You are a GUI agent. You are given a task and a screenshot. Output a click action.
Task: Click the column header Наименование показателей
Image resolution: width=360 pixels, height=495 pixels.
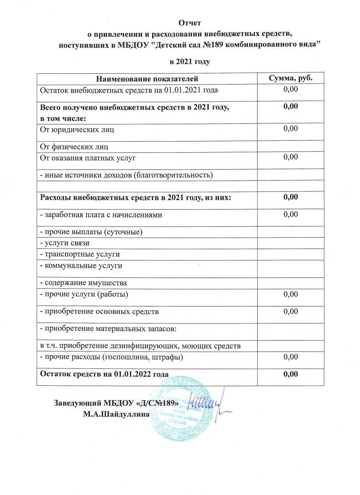pyautogui.click(x=147, y=78)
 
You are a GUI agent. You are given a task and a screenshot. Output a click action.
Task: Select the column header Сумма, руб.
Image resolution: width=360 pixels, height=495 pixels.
pyautogui.click(x=290, y=78)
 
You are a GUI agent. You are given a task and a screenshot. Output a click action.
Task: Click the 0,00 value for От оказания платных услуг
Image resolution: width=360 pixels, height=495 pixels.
pyautogui.click(x=290, y=157)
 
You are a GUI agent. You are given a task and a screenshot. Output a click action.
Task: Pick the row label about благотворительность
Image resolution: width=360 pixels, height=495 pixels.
pyautogui.click(x=126, y=175)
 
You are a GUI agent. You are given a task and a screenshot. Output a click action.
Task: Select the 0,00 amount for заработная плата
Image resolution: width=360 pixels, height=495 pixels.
pyautogui.click(x=290, y=214)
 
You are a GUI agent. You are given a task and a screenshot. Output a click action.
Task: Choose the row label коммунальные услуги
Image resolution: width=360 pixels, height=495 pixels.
pyautogui.click(x=81, y=266)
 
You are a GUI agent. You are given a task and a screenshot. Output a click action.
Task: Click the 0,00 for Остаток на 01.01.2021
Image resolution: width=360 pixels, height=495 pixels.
pyautogui.click(x=290, y=89)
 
